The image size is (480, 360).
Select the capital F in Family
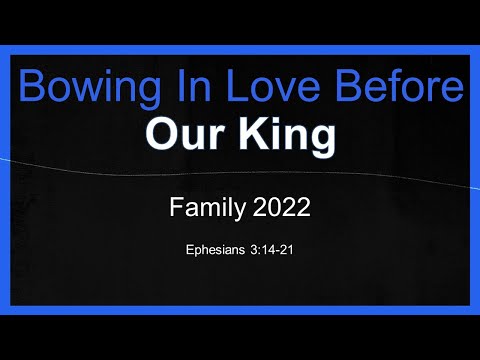click(x=176, y=209)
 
